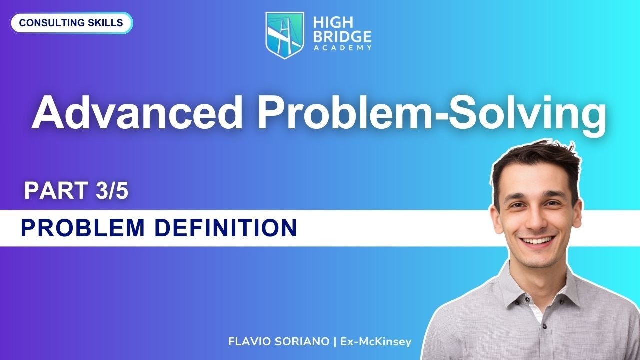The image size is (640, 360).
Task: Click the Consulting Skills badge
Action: pyautogui.click(x=71, y=23)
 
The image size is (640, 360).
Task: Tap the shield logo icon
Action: pyautogui.click(x=285, y=35)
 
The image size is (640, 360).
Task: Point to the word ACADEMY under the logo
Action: pyautogui.click(x=342, y=48)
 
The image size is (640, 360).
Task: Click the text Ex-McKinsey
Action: pyautogui.click(x=375, y=342)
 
